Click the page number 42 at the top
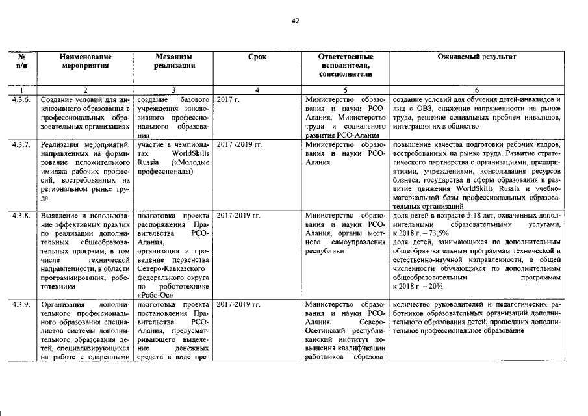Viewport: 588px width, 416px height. tap(294, 21)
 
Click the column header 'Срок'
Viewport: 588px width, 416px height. tap(257, 57)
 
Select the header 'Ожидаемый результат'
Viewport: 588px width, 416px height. tap(477, 57)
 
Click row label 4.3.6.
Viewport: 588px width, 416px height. tap(21, 99)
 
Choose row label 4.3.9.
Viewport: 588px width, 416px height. tap(21, 304)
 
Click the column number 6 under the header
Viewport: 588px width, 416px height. tap(477, 89)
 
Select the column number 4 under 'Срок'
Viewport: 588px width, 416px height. tap(257, 89)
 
